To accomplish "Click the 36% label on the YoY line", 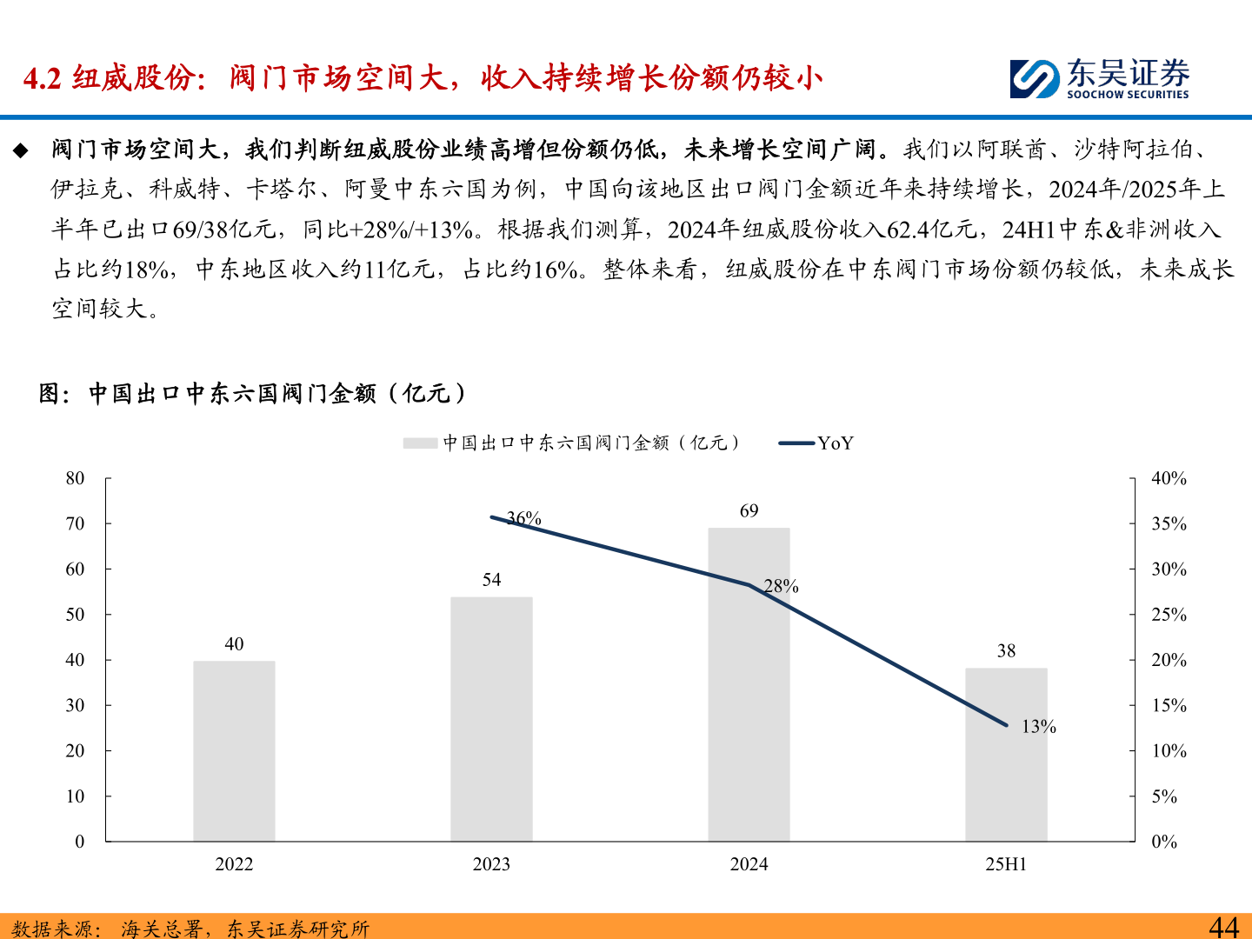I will click(x=524, y=518).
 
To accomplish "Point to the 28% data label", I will click(x=781, y=586).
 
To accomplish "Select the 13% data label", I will click(x=1038, y=727).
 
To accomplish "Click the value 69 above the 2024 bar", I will click(x=749, y=511).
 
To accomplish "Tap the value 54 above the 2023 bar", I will click(x=491, y=580).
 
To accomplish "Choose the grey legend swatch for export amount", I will click(x=420, y=443).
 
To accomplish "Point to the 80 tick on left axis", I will click(x=76, y=478).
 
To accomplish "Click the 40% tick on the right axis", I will click(x=1169, y=478).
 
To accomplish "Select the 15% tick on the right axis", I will click(x=1169, y=705).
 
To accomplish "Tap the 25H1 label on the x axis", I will click(x=1006, y=864).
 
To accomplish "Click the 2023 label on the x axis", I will click(x=491, y=864).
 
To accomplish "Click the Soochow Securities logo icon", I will click(x=1034, y=79).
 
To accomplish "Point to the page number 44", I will click(x=1223, y=927).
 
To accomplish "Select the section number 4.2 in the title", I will click(x=42, y=79).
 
